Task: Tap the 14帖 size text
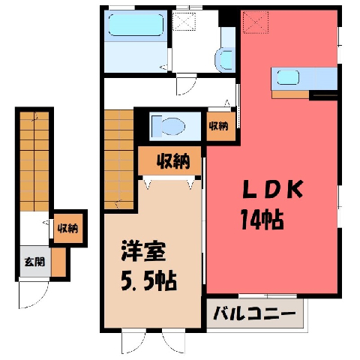(x=262, y=220)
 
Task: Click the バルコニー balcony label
(x=254, y=313)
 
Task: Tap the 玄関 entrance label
(x=34, y=262)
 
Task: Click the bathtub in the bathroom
(x=136, y=25)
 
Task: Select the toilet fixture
(x=168, y=126)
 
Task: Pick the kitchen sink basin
(x=288, y=77)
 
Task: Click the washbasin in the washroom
(x=226, y=60)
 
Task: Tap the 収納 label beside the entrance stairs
(x=68, y=228)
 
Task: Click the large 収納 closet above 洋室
(x=169, y=160)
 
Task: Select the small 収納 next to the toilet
(x=220, y=126)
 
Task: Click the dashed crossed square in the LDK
(x=256, y=22)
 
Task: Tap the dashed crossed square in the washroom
(x=184, y=21)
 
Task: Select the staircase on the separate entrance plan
(x=34, y=161)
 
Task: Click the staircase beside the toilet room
(x=118, y=160)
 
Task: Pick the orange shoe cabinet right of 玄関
(x=58, y=262)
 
